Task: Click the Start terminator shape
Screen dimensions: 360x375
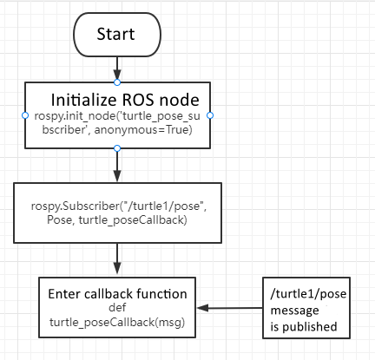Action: (x=116, y=36)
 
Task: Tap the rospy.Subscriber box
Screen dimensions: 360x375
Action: (x=116, y=213)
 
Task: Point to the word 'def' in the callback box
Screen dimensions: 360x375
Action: (x=116, y=306)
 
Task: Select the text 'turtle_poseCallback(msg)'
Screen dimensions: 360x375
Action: (x=116, y=321)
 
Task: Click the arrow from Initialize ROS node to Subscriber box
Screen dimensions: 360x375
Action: (x=116, y=165)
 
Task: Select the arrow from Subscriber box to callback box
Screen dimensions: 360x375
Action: (x=116, y=258)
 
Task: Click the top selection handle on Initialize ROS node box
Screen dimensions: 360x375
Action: (x=116, y=82)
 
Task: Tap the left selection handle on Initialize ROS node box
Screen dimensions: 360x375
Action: (x=23, y=115)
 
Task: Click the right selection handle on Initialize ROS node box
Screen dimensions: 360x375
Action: (x=209, y=115)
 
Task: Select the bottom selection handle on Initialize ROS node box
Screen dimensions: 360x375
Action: (x=116, y=147)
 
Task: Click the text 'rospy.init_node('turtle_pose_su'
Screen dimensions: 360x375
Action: (x=116, y=115)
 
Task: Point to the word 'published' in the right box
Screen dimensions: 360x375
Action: (x=312, y=327)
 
